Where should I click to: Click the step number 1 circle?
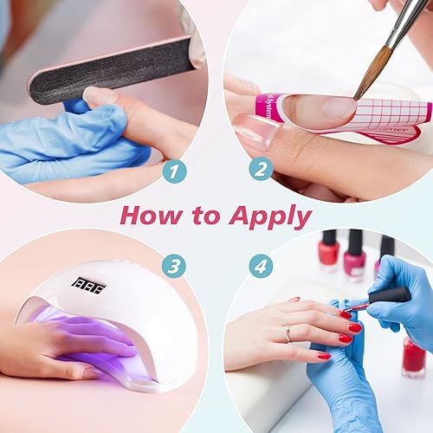point(175,170)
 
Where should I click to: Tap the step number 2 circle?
point(261,168)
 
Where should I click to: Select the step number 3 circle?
point(174,266)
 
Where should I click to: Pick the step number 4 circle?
point(261,266)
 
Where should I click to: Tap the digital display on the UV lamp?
point(87,285)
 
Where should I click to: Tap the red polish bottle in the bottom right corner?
point(413,356)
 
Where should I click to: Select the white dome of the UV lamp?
point(130,294)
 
